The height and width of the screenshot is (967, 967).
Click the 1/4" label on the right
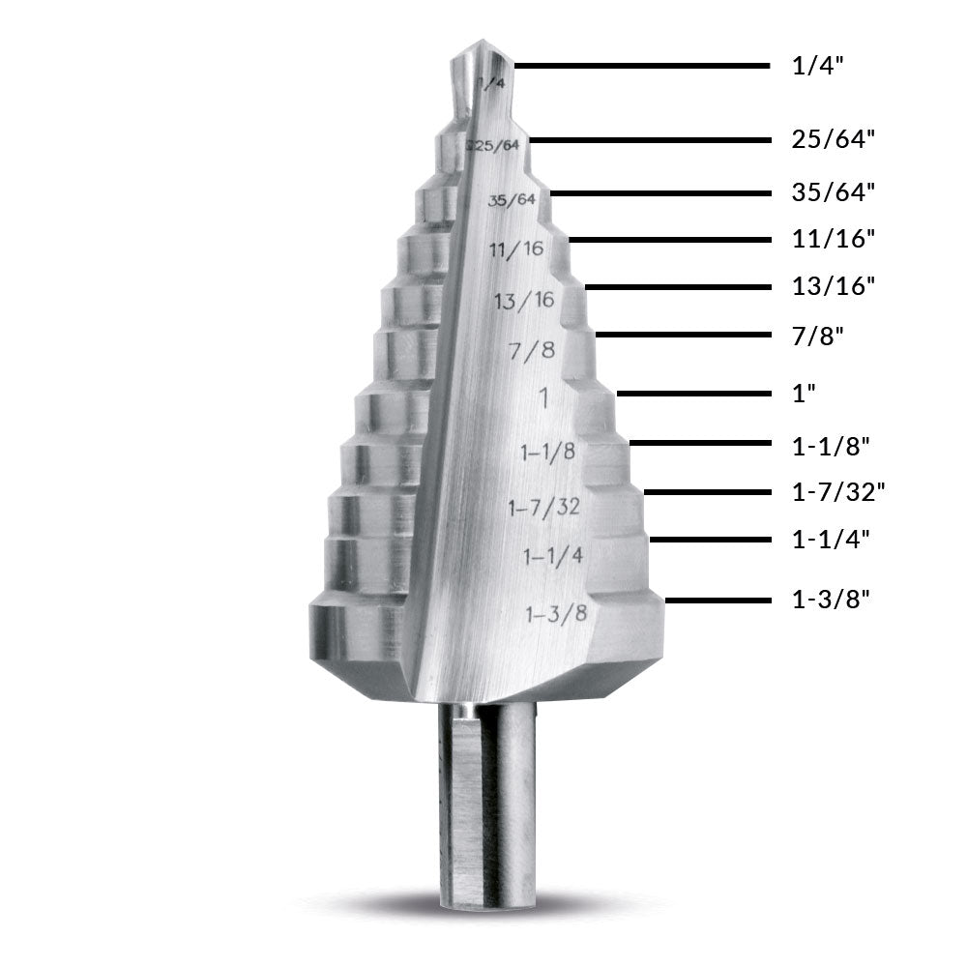(818, 67)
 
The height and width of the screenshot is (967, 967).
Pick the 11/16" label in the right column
(833, 239)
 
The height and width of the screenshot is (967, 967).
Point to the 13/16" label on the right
(833, 286)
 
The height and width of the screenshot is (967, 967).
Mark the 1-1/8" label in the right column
(831, 446)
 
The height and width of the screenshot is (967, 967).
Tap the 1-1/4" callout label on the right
(831, 540)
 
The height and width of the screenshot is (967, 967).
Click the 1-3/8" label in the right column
(831, 600)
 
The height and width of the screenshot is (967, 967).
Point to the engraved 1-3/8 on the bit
(556, 613)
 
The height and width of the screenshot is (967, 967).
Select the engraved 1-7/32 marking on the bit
(544, 506)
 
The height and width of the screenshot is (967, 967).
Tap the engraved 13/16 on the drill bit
(524, 301)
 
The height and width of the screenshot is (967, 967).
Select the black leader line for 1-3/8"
(716, 601)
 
